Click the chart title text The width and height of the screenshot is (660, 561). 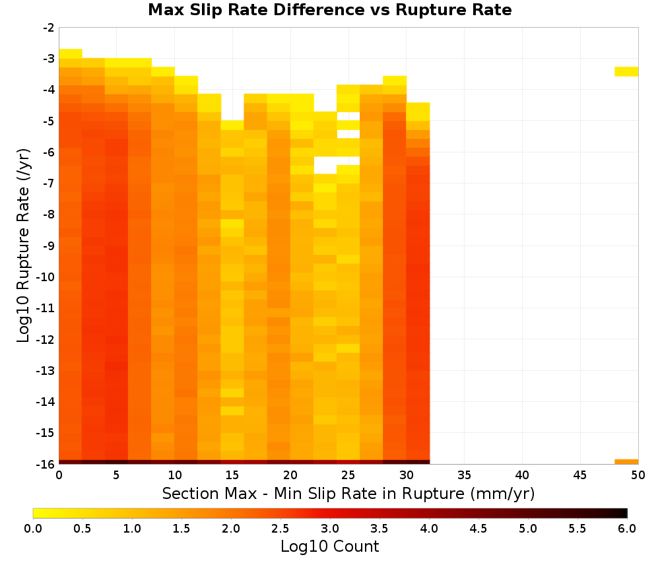tap(329, 9)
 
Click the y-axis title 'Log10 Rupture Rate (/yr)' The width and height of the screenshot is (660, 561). tap(23, 246)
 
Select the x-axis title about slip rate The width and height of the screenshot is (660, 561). tap(348, 493)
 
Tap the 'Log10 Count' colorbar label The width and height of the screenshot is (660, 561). tap(329, 546)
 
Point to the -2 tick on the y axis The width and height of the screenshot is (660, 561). tap(49, 28)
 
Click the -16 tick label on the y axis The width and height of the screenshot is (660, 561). tap(46, 464)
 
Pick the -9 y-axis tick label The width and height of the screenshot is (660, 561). tap(49, 246)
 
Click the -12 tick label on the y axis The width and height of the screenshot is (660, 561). tap(46, 340)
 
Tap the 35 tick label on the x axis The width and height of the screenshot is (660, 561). tap(464, 475)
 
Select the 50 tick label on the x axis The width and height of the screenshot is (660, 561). tap(638, 475)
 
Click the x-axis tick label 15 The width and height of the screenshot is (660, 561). tap(232, 475)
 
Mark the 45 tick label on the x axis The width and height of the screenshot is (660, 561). tap(580, 475)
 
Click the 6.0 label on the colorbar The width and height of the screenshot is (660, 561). tap(627, 528)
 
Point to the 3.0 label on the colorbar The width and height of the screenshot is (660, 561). tap(329, 528)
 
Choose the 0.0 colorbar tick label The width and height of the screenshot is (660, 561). tap(33, 528)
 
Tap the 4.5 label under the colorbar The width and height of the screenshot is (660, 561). tap(478, 528)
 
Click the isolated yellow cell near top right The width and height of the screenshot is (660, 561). tap(626, 71)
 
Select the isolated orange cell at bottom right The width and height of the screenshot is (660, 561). tap(626, 462)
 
